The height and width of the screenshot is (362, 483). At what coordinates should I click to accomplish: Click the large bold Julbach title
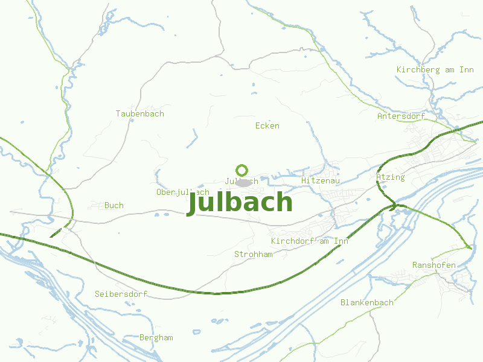pyautogui.click(x=240, y=203)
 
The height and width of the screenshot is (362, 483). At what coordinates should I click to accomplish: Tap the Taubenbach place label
pyautogui.click(x=139, y=113)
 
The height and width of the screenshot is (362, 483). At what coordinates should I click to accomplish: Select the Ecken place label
pyautogui.click(x=267, y=125)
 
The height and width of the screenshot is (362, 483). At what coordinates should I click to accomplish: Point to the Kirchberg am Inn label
pyautogui.click(x=435, y=69)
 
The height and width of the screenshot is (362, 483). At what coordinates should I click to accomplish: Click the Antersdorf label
pyautogui.click(x=401, y=116)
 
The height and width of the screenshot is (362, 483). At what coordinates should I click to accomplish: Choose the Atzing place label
pyautogui.click(x=390, y=177)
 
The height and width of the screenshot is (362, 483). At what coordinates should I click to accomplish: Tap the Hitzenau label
pyautogui.click(x=321, y=180)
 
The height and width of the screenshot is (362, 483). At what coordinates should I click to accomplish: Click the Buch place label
pyautogui.click(x=114, y=205)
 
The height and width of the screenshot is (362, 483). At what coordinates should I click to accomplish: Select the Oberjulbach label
pyautogui.click(x=182, y=192)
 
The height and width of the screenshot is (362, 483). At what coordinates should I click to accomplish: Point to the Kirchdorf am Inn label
pyautogui.click(x=310, y=241)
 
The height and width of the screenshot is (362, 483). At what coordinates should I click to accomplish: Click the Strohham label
pyautogui.click(x=253, y=254)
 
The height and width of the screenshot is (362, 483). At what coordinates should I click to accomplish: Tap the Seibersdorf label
pyautogui.click(x=121, y=294)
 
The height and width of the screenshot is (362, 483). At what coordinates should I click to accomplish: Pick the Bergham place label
pyautogui.click(x=156, y=337)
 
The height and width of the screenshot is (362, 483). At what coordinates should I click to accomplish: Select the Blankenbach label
pyautogui.click(x=366, y=302)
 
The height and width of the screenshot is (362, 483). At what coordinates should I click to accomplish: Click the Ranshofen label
pyautogui.click(x=433, y=265)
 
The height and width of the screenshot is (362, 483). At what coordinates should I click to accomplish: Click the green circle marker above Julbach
pyautogui.click(x=242, y=170)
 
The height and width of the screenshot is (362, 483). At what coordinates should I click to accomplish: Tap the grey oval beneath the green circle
pyautogui.click(x=243, y=182)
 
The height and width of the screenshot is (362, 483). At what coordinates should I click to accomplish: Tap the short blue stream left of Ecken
pyautogui.click(x=193, y=139)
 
